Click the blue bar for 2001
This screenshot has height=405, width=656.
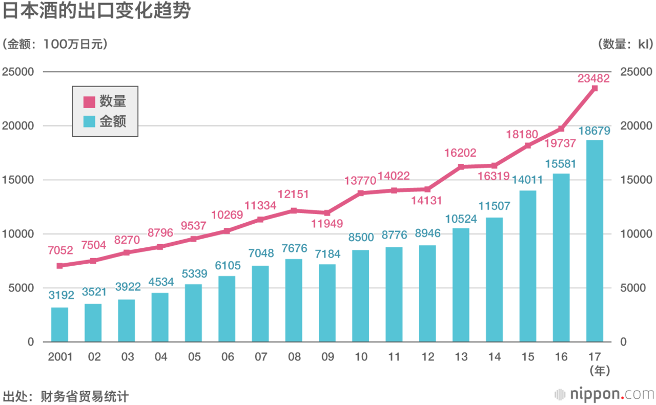[x=59, y=325]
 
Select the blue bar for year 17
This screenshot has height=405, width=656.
[x=594, y=241]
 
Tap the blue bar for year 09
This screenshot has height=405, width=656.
[x=327, y=303]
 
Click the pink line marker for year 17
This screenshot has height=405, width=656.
[x=594, y=89]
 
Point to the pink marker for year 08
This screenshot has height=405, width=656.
[x=293, y=210]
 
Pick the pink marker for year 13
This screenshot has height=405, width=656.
[x=461, y=167]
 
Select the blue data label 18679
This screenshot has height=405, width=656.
[x=594, y=131]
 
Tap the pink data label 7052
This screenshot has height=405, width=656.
[x=60, y=250]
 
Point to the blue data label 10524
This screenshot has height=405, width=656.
[x=460, y=219]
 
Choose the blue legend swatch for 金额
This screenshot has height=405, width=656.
[x=89, y=122]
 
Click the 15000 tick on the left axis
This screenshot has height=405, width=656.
[x=18, y=180]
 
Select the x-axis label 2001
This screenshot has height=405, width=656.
[x=60, y=357]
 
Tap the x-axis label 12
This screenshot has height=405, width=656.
[x=427, y=357]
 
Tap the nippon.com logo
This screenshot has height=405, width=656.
[x=605, y=395]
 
